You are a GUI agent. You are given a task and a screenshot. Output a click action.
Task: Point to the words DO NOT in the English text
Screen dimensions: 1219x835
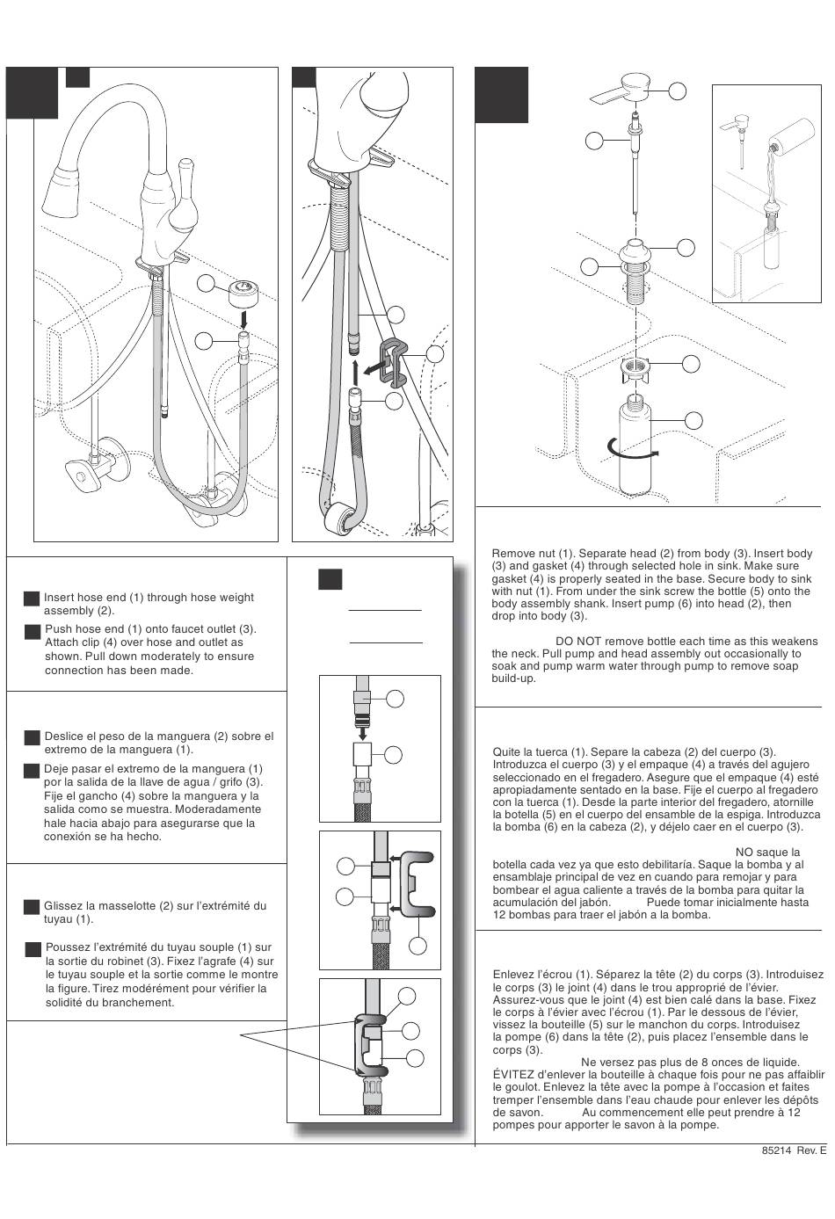[x=577, y=642]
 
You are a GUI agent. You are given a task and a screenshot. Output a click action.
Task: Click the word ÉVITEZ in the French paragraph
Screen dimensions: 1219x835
[x=514, y=1075]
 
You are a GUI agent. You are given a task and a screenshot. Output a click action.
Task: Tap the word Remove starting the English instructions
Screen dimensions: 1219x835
[x=512, y=554]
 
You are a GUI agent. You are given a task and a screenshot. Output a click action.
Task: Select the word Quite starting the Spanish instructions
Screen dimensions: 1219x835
[x=506, y=752]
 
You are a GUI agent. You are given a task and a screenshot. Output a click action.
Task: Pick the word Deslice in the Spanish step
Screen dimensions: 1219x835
[x=63, y=736]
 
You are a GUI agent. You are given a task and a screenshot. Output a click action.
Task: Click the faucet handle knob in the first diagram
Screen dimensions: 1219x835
[x=185, y=169]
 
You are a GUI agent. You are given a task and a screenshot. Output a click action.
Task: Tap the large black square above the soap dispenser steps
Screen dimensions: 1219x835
[x=502, y=94]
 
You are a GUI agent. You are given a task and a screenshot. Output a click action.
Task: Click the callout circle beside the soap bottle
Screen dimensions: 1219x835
[x=693, y=421]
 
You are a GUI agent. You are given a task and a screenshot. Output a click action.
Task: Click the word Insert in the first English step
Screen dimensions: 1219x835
[x=60, y=598]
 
